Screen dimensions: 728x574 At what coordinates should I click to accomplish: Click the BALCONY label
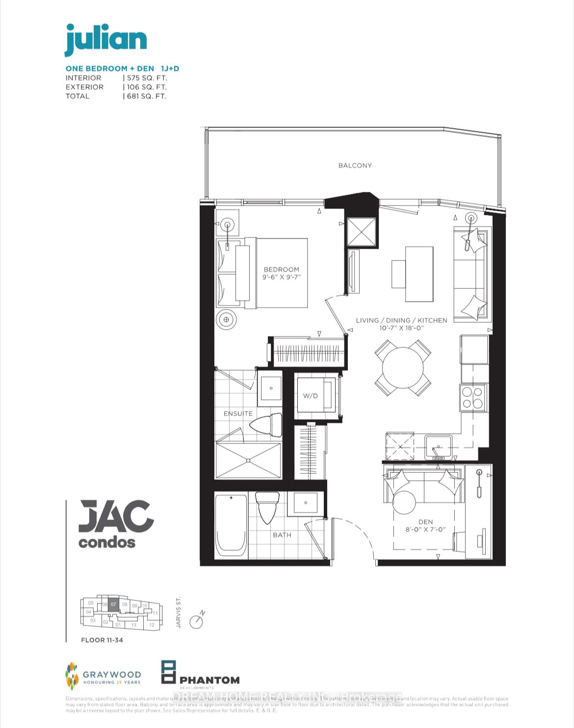point(355,165)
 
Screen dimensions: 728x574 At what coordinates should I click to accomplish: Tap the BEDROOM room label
point(281,269)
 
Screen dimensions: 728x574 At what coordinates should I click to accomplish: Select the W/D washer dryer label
point(310,396)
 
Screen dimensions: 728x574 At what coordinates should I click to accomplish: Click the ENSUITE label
point(238,414)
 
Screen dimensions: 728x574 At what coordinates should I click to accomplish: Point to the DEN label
point(425,522)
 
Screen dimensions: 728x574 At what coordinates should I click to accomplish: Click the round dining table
point(403,367)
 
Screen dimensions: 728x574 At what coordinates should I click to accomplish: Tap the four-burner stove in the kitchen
point(473,397)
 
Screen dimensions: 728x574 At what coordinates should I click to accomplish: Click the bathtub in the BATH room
point(231,525)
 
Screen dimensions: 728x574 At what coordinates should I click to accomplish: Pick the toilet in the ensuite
point(267,423)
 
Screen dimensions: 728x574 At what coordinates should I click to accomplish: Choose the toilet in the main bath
point(267,507)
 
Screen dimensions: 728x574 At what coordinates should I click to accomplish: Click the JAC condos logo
point(116,523)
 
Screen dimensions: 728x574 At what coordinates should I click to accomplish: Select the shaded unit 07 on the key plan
point(113,605)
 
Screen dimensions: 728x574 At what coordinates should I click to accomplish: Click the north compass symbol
point(197,621)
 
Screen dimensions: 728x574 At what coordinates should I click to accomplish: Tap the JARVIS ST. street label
point(179,612)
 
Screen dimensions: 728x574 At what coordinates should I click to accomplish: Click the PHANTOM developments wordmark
point(209,680)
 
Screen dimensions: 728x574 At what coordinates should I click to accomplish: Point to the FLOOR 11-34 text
point(102,640)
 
